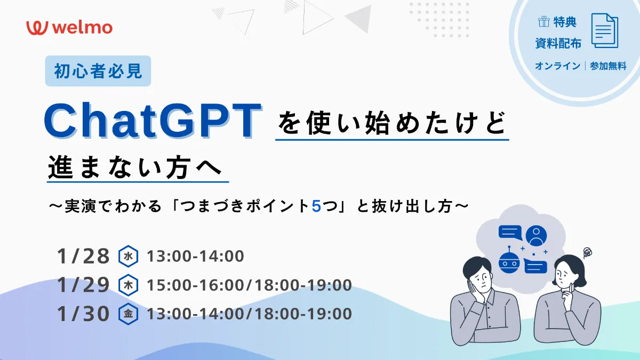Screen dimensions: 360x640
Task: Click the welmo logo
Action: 69,27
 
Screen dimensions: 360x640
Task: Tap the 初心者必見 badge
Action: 98,71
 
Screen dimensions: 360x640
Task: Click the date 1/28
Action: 83,256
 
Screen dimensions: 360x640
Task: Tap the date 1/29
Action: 83,285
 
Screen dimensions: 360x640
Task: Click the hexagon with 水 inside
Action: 128,256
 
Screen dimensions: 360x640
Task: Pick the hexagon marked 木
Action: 128,285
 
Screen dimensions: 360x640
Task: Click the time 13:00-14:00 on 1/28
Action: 195,257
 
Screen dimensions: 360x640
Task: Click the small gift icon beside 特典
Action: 543,22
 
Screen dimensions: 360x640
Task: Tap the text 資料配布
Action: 558,44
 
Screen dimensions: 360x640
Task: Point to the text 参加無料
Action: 608,67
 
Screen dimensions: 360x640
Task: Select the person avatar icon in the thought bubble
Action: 537,235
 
